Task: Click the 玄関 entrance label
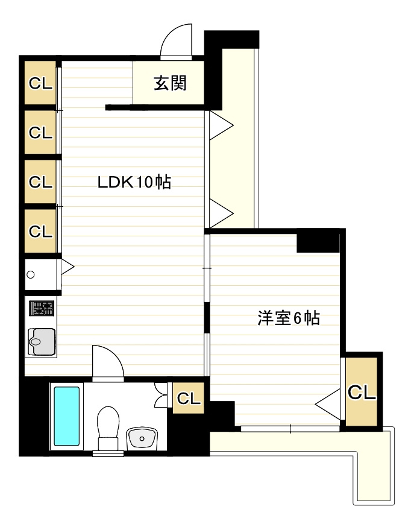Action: point(170,83)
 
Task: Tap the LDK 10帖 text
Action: point(134,182)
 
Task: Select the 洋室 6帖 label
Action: point(288,318)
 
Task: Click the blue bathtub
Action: point(66,417)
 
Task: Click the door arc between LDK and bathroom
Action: point(108,362)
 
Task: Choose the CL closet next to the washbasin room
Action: point(188,398)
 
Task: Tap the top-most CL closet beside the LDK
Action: point(40,83)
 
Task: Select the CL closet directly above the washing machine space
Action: point(40,230)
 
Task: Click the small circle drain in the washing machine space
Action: point(31,275)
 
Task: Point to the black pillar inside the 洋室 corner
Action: point(318,242)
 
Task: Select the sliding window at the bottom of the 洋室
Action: point(290,429)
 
